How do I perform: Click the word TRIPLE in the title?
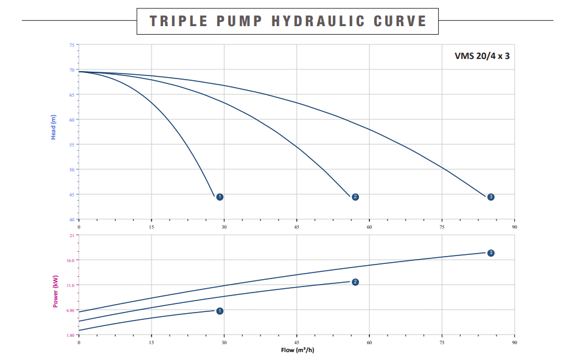click(x=173, y=21)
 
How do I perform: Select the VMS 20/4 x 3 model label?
click(x=482, y=55)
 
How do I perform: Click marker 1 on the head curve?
click(x=220, y=197)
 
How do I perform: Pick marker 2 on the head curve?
click(x=355, y=197)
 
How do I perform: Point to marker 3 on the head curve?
click(x=490, y=197)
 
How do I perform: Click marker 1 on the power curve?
click(x=220, y=311)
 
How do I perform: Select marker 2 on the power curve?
click(x=355, y=282)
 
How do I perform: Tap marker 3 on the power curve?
click(x=490, y=253)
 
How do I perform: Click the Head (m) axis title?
click(x=54, y=128)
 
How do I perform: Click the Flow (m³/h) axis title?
click(x=298, y=350)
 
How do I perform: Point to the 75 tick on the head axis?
click(x=72, y=46)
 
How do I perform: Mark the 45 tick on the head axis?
click(x=72, y=195)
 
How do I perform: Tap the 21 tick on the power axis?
click(x=72, y=235)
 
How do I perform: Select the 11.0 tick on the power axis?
click(x=71, y=285)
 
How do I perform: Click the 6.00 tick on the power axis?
click(x=71, y=310)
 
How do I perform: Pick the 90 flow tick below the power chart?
click(x=514, y=342)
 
